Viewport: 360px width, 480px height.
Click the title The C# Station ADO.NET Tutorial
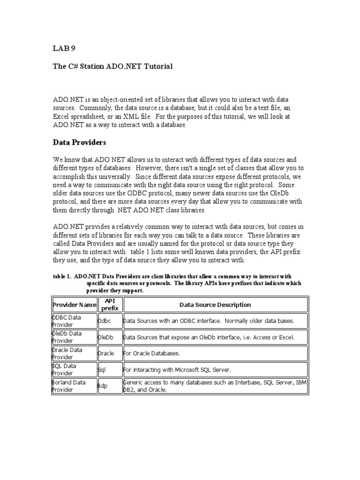tap(112, 67)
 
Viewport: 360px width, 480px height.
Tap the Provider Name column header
tap(74, 305)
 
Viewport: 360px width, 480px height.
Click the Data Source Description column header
tap(215, 305)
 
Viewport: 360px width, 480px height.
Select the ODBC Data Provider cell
tap(74, 321)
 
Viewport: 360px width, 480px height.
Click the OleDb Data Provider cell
tap(74, 337)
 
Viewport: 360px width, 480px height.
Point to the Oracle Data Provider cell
tap(74, 353)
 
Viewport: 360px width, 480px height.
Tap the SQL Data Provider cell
tap(74, 369)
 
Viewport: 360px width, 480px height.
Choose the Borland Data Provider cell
tap(74, 386)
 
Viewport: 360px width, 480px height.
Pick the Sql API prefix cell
tap(102, 370)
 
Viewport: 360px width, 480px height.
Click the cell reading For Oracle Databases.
tap(151, 353)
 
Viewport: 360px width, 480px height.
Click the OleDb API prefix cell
tap(105, 337)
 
